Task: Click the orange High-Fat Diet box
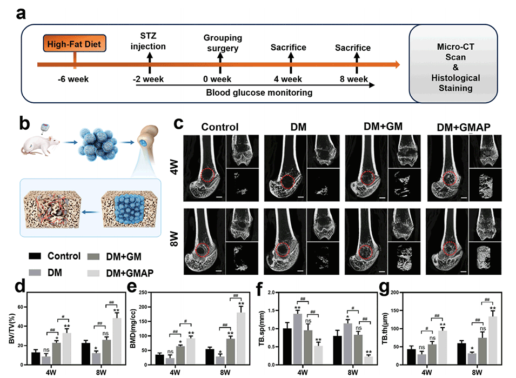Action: (74, 43)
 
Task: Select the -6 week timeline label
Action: (74, 80)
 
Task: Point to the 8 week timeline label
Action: (354, 80)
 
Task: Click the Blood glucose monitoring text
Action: (259, 92)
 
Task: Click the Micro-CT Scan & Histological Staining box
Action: (455, 64)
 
